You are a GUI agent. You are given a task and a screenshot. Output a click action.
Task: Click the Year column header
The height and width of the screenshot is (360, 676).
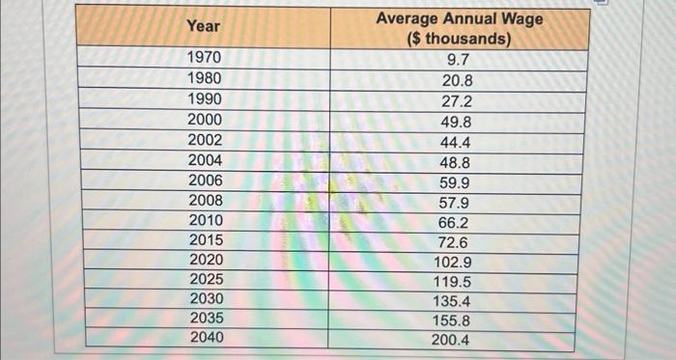point(204,27)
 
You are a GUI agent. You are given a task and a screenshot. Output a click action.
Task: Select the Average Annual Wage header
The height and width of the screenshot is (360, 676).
point(459,18)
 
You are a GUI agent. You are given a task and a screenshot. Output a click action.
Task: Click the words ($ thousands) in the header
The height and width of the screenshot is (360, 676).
point(459,40)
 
